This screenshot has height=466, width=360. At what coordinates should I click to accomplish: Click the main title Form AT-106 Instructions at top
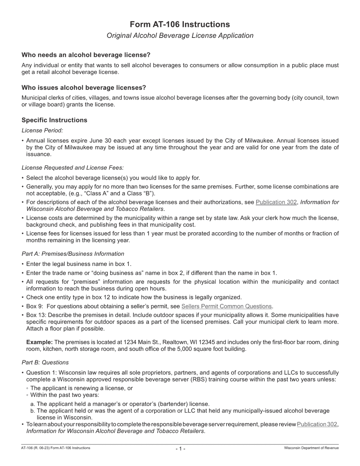pyautogui.click(x=180, y=25)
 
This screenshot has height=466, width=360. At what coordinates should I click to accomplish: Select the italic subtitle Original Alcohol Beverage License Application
pyautogui.click(x=180, y=36)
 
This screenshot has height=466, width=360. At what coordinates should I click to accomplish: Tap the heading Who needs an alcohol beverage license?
pyautogui.click(x=86, y=55)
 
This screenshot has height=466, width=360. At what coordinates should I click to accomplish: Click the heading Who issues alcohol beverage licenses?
pyautogui.click(x=84, y=88)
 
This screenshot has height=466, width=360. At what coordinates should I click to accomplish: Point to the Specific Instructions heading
pyautogui.click(x=54, y=120)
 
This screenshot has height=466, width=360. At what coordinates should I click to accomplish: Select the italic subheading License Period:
pyautogui.click(x=42, y=130)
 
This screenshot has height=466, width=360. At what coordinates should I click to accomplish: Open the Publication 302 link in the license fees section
pyautogui.click(x=276, y=202)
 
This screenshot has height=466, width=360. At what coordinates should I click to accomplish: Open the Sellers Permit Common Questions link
pyautogui.click(x=227, y=306)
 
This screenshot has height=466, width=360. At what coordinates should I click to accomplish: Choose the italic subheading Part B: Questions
pyautogui.click(x=45, y=363)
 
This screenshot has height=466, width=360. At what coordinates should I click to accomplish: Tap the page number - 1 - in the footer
pyautogui.click(x=180, y=449)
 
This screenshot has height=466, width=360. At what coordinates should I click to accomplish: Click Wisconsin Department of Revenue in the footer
pyautogui.click(x=311, y=448)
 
